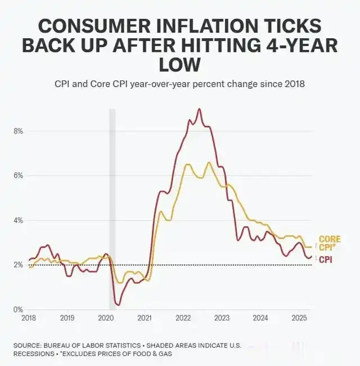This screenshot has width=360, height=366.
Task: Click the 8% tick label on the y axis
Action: (x=17, y=131)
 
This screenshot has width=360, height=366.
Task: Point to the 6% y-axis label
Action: (x=17, y=175)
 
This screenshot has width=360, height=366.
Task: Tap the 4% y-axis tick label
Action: (x=17, y=220)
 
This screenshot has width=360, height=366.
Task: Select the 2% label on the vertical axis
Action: (x=17, y=265)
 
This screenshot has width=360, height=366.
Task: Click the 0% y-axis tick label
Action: (x=17, y=309)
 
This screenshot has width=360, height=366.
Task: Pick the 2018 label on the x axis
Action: (x=28, y=318)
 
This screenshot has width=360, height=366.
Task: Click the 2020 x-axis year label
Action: (x=106, y=318)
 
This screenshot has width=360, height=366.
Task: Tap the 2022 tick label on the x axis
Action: (x=183, y=318)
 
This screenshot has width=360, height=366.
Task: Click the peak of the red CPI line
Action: (x=199, y=109)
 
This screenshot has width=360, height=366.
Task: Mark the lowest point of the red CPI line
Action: (x=118, y=305)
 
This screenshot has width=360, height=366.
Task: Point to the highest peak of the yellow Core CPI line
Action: (x=209, y=162)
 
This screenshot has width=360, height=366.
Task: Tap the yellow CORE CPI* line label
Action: (x=330, y=243)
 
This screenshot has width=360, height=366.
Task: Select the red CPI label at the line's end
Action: (x=325, y=259)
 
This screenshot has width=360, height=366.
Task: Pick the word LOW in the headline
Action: (x=179, y=65)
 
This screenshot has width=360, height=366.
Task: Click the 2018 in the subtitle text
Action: (x=293, y=84)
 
